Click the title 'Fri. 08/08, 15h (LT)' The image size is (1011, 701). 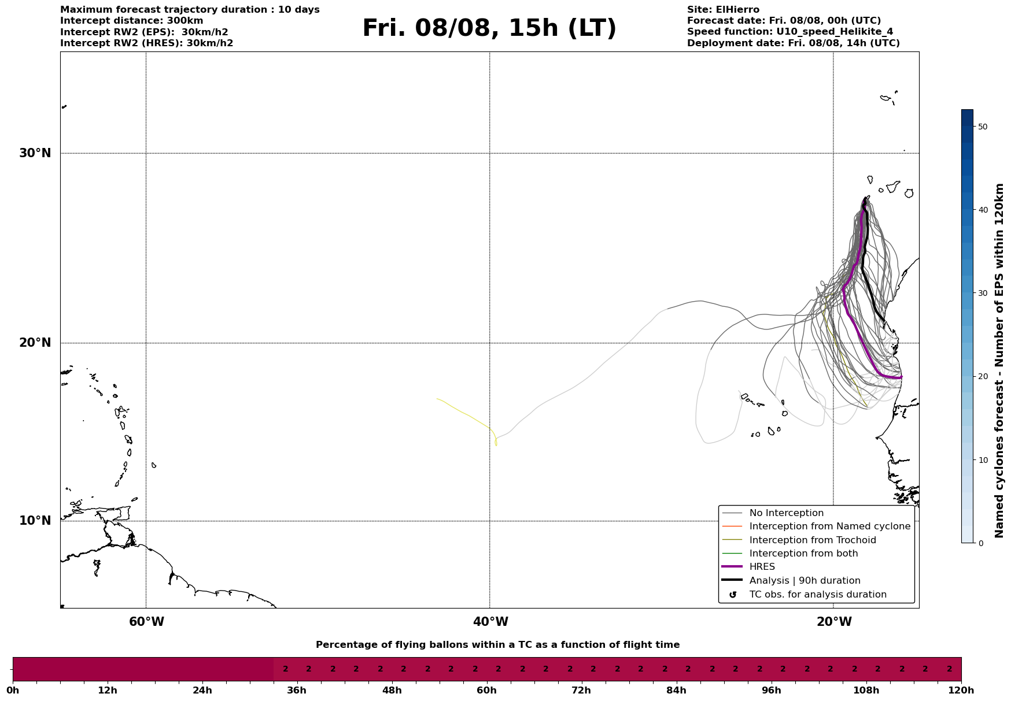pos(489,28)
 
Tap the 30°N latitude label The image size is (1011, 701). pos(35,153)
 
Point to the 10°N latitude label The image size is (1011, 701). pos(35,521)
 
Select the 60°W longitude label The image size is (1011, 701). pos(146,622)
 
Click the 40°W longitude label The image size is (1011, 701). pos(490,622)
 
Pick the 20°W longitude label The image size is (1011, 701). pos(834,622)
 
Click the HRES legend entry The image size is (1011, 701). pos(762,567)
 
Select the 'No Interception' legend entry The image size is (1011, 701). pos(786,513)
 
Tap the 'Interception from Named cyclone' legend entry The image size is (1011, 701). pos(829,526)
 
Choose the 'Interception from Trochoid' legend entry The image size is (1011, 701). pos(812,540)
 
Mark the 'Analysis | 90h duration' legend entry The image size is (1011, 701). pos(805,581)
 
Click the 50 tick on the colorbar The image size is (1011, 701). pos(982,127)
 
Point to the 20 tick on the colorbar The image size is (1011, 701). pos(982,377)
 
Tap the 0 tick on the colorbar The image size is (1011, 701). pos(980,543)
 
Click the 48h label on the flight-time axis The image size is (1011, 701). pos(392,691)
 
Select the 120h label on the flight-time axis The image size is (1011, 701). pos(962,691)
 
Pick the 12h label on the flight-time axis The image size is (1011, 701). pos(108,691)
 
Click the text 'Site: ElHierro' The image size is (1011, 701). pos(723,10)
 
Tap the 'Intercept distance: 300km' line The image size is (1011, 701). pos(132,21)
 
